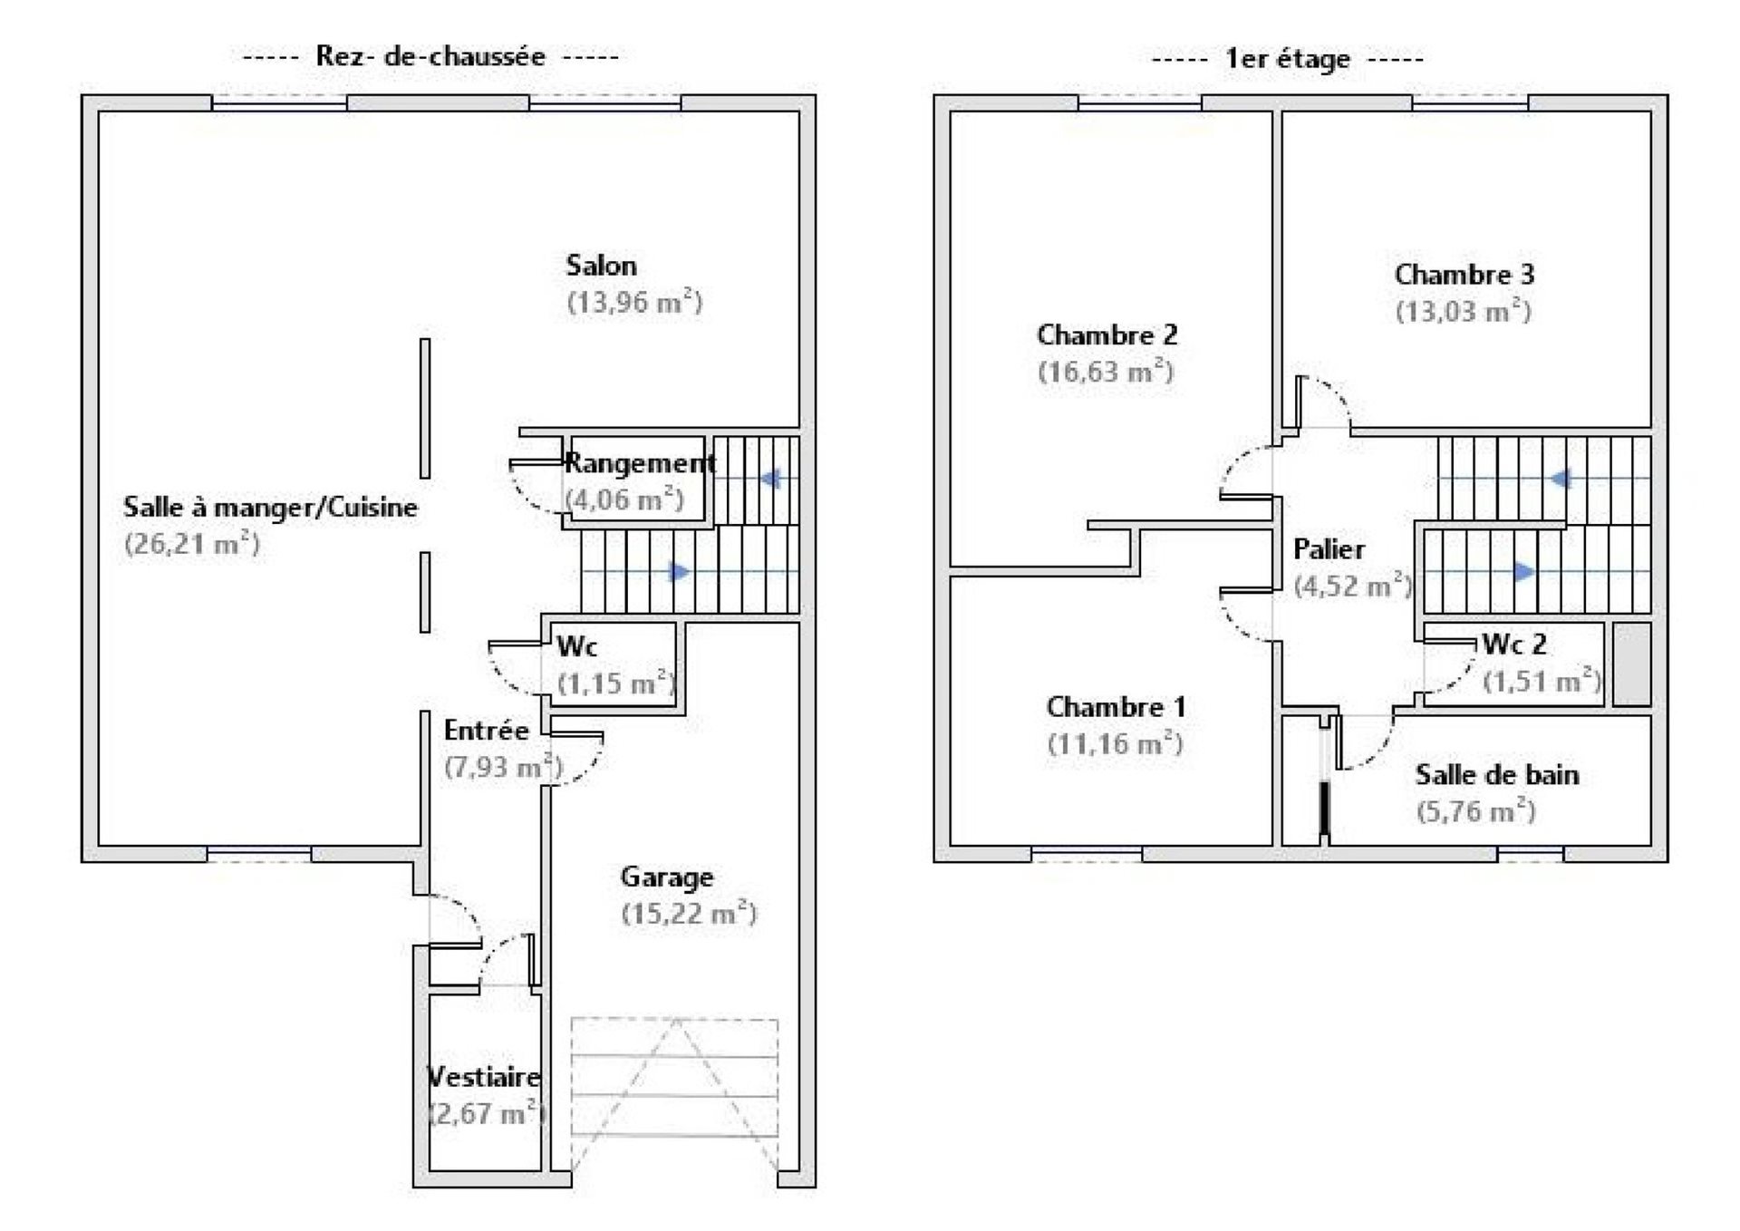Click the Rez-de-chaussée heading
click(430, 56)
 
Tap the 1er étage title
click(1287, 60)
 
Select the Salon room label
click(601, 266)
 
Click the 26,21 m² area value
click(192, 544)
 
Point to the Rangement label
click(640, 463)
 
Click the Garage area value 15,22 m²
click(689, 914)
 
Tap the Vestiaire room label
click(484, 1077)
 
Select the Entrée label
click(486, 731)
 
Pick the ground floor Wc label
click(576, 646)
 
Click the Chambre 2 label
click(1107, 334)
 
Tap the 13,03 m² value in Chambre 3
click(1463, 312)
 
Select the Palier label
click(1329, 549)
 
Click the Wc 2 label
click(1514, 645)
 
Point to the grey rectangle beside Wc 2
click(1631, 664)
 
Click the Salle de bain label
click(1497, 775)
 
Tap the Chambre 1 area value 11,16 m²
click(1115, 744)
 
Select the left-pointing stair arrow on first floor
click(1560, 478)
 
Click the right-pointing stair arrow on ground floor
click(679, 571)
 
